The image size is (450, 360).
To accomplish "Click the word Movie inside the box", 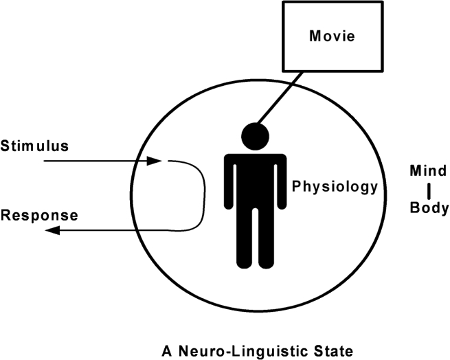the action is pyautogui.click(x=332, y=36).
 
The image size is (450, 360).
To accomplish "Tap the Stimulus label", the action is pyautogui.click(x=34, y=146).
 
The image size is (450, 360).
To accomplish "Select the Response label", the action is pyautogui.click(x=39, y=215).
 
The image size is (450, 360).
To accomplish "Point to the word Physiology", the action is pyautogui.click(x=335, y=187).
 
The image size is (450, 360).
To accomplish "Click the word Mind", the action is pyautogui.click(x=428, y=171).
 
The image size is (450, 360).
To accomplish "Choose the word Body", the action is pyautogui.click(x=429, y=207).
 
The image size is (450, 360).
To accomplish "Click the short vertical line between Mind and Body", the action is pyautogui.click(x=429, y=192).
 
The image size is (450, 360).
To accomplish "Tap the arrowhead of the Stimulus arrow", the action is pyautogui.click(x=155, y=161).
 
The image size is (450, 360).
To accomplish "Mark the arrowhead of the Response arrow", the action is pyautogui.click(x=52, y=230).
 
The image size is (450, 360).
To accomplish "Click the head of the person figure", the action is pyautogui.click(x=255, y=136).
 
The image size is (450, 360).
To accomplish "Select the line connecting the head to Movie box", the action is pyautogui.click(x=280, y=98).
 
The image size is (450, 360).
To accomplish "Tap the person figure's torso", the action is pyautogui.click(x=255, y=181).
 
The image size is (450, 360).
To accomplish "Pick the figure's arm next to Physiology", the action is pyautogui.click(x=281, y=183).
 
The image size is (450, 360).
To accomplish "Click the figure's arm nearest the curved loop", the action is pyautogui.click(x=229, y=183).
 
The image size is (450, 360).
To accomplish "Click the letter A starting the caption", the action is pyautogui.click(x=167, y=351).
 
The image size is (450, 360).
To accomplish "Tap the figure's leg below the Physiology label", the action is pyautogui.click(x=266, y=238).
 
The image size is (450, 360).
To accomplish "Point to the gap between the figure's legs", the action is pyautogui.click(x=255, y=238).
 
